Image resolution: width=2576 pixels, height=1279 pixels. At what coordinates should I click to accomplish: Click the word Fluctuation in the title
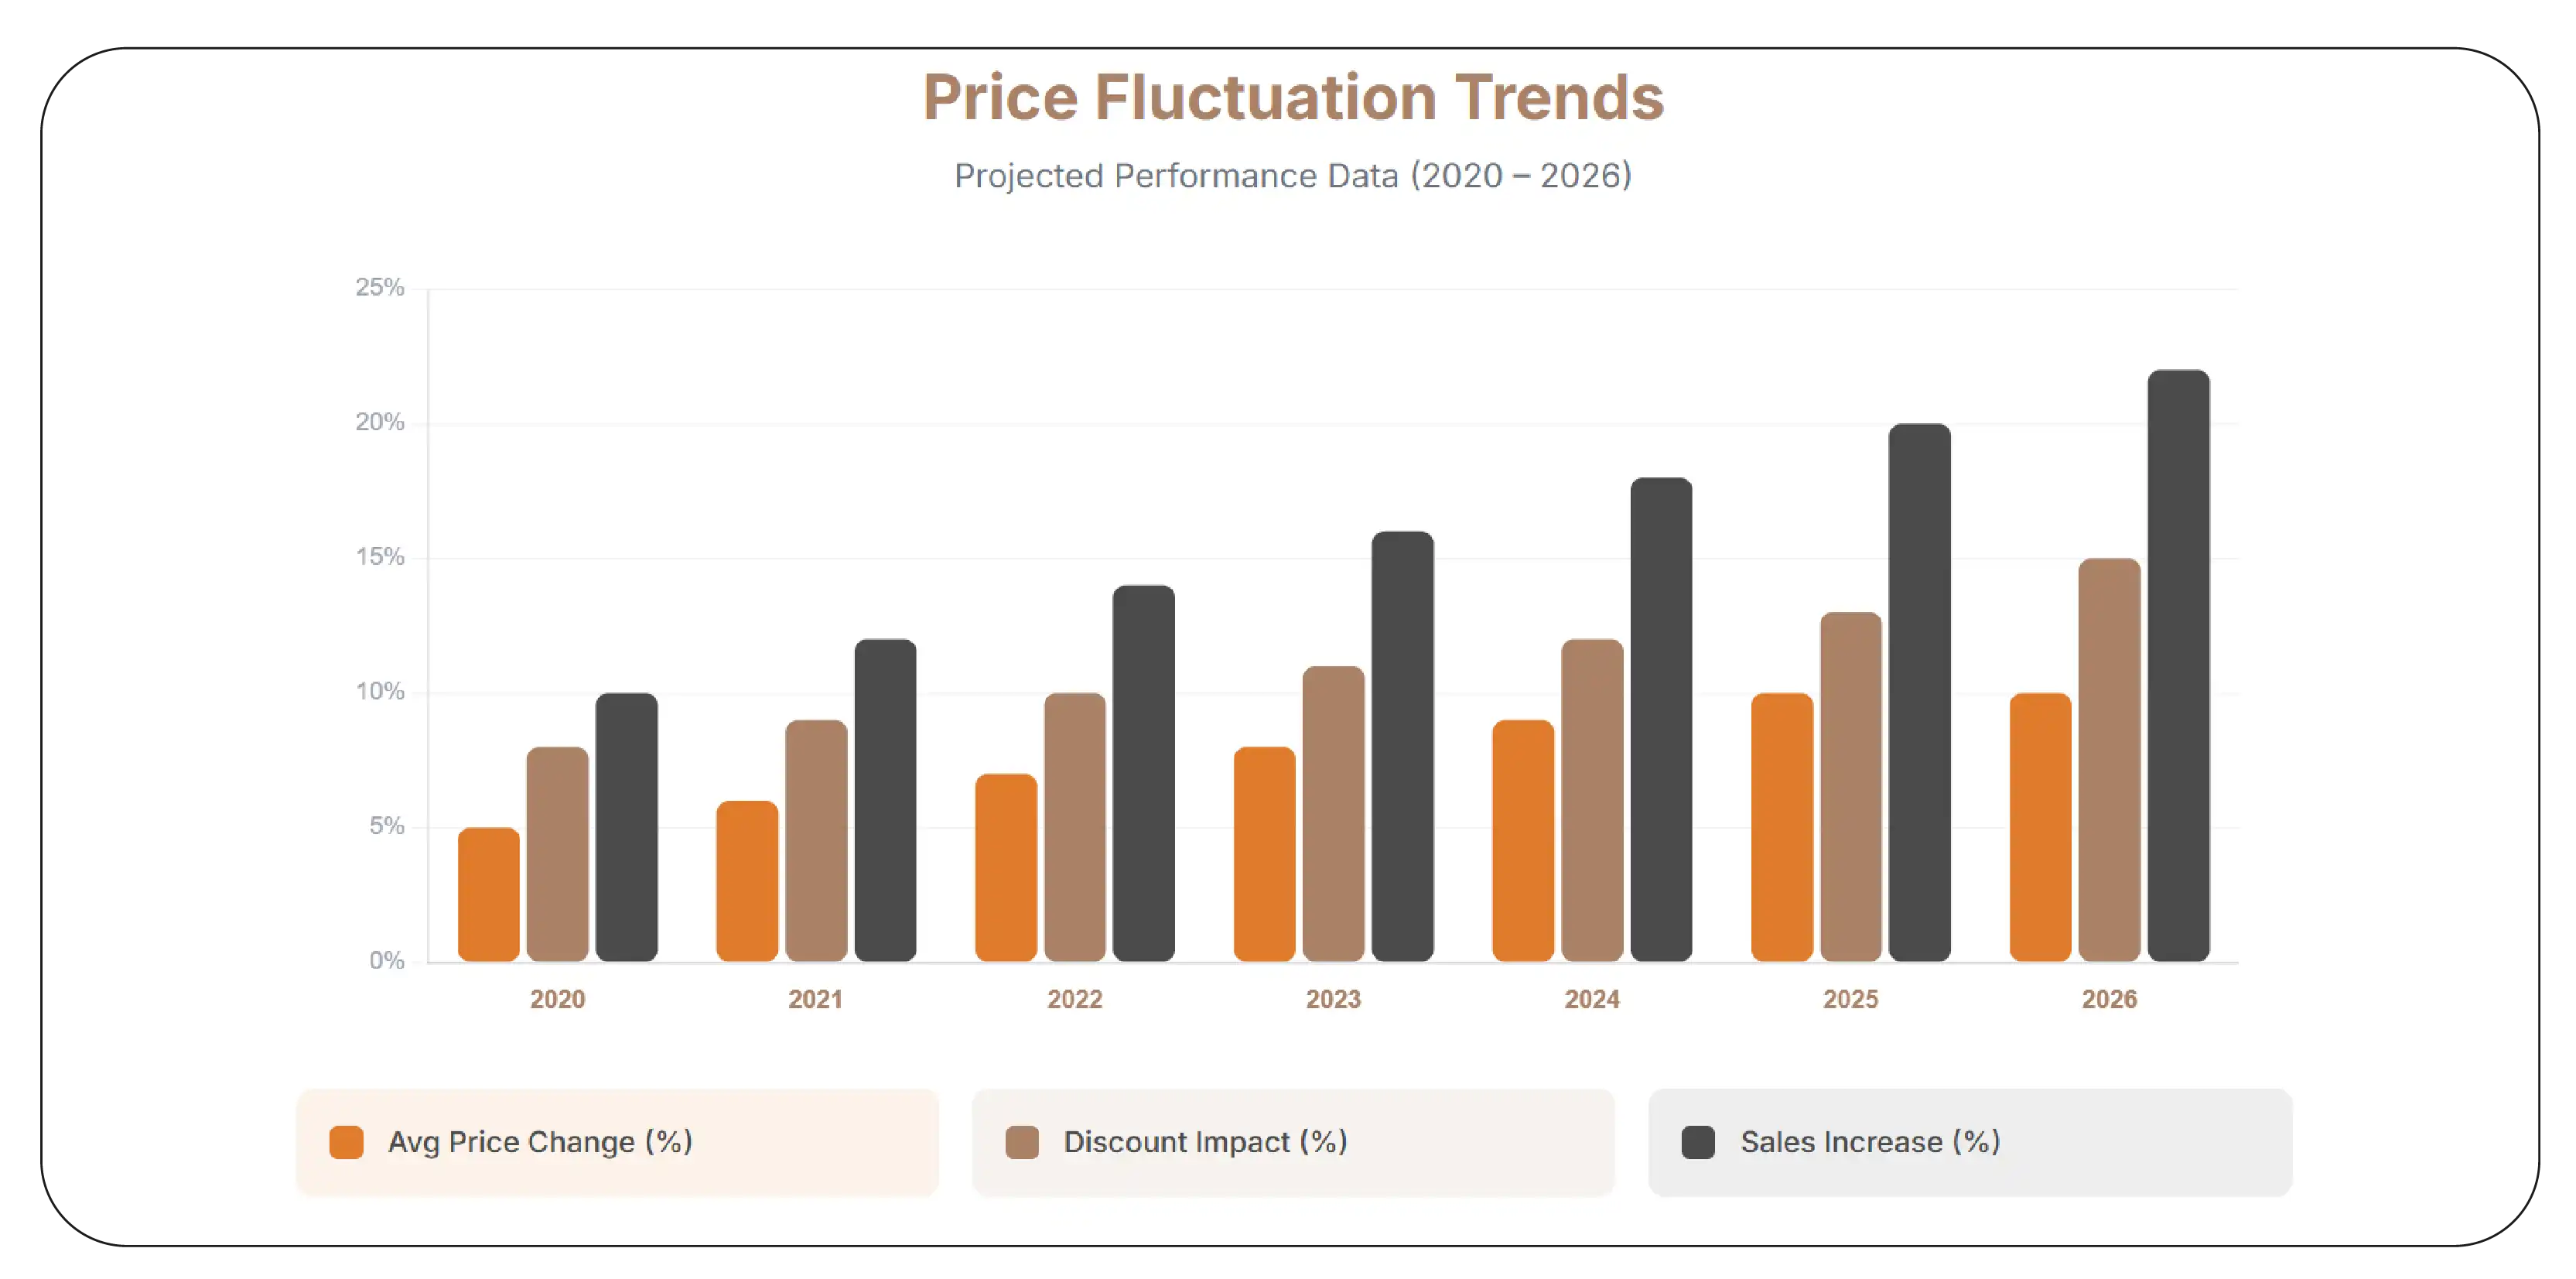[1265, 98]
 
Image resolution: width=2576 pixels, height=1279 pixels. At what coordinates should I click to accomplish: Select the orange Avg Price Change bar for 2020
[488, 895]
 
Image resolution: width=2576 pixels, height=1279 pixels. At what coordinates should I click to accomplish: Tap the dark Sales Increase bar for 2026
[2178, 665]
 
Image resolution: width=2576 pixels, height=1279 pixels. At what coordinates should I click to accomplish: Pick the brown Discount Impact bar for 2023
[1333, 813]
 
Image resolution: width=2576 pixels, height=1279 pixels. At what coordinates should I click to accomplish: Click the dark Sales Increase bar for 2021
[885, 800]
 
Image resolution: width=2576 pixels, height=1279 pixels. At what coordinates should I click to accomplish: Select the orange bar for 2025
[1781, 827]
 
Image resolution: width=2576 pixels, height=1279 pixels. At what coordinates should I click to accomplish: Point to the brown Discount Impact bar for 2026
[2109, 760]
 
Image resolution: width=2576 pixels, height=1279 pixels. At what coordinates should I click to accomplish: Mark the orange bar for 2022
[1005, 867]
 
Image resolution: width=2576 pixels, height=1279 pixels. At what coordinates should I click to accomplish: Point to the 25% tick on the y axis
[380, 288]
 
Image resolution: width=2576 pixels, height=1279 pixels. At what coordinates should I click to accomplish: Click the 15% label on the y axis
[380, 557]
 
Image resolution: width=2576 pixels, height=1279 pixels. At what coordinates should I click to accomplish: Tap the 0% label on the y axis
[386, 961]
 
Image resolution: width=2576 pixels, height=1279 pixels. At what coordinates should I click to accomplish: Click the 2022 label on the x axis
[1074, 999]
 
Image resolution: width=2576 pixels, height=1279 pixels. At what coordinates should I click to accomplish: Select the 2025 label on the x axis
[1850, 999]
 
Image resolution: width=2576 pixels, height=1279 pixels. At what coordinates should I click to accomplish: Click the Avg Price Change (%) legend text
[540, 1142]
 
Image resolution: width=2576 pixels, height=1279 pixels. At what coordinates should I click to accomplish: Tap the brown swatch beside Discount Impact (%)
[1021, 1142]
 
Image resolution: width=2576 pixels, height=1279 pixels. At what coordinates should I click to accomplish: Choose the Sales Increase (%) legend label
[1869, 1142]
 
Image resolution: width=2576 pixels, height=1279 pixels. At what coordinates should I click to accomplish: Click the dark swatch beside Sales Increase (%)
[1697, 1142]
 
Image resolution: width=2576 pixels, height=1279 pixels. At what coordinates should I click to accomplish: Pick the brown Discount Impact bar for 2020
[557, 854]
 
